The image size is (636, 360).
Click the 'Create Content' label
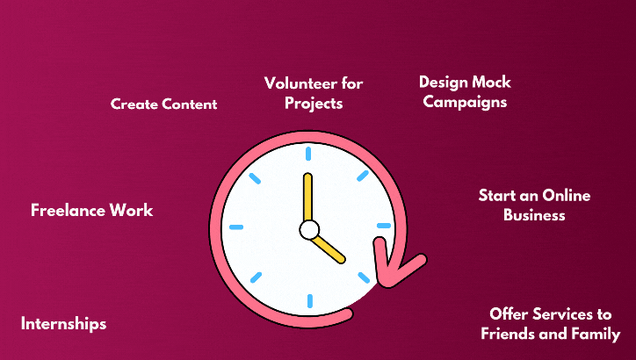point(164,104)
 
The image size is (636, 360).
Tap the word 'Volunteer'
point(300,83)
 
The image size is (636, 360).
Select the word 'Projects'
point(314,104)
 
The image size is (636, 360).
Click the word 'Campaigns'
point(465,102)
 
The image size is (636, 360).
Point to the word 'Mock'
point(492,82)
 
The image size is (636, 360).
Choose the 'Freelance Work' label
point(92,210)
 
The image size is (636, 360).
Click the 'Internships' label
point(63,324)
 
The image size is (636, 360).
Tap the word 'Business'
point(534,215)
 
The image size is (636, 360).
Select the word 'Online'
point(567,196)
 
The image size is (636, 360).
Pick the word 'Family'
point(596,334)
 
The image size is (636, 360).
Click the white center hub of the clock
point(309,229)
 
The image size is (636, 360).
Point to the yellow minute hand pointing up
point(307,198)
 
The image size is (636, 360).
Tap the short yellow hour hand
point(329,248)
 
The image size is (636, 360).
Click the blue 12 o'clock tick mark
point(308,154)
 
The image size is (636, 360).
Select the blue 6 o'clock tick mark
point(310,301)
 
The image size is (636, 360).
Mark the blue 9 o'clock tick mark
point(236,227)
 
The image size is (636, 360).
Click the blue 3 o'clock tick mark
point(384,226)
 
